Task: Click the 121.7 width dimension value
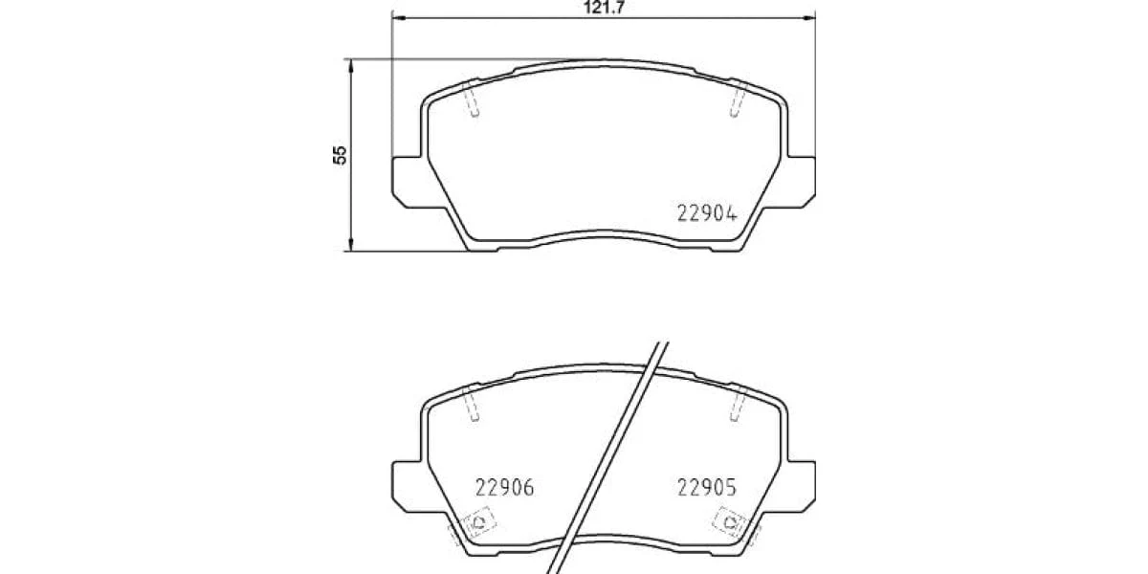click(604, 8)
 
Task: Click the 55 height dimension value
click(340, 155)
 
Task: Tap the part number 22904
click(707, 213)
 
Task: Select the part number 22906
click(505, 487)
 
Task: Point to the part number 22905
click(707, 487)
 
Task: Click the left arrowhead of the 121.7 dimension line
click(398, 18)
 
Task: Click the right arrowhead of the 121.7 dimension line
click(808, 18)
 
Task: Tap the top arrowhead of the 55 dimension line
click(351, 66)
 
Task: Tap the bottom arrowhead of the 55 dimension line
click(351, 245)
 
